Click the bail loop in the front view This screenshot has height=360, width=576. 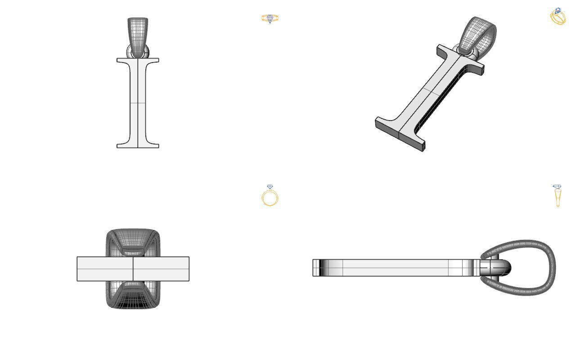tap(137, 34)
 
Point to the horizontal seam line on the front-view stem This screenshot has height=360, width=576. tap(138, 103)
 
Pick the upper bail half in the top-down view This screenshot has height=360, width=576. tap(133, 241)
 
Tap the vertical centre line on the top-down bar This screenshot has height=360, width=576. tap(133, 269)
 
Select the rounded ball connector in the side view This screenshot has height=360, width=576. tap(502, 268)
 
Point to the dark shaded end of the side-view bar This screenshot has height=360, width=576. tap(317, 268)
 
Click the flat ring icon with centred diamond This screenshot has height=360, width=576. tap(270, 19)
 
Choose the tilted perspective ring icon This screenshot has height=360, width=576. tap(558, 17)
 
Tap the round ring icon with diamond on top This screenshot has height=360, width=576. tap(270, 197)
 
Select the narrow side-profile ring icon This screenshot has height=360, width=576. tap(558, 196)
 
